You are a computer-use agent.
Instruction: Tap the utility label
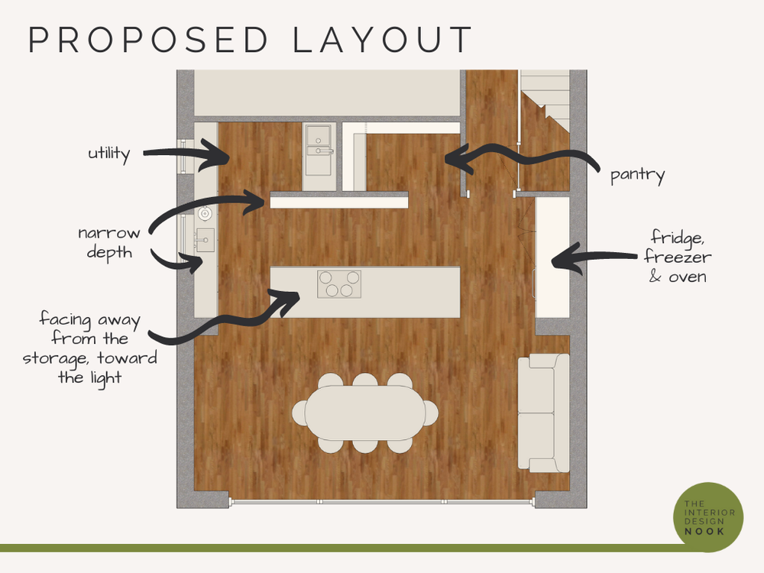pos(108,154)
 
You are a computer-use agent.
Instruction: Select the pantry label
pos(637,175)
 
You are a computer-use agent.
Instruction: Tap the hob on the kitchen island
pos(338,283)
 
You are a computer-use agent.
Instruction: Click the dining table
pos(365,413)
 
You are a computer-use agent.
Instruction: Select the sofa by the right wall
pos(543,413)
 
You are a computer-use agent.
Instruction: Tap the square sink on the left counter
pos(205,240)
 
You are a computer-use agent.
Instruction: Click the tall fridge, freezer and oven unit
pos(552,257)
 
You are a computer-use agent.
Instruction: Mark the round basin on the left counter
pos(204,214)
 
